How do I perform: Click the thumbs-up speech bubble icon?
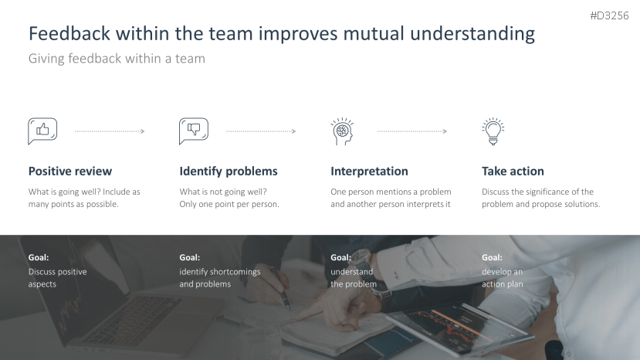pos(42,131)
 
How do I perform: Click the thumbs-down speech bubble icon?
pos(194,131)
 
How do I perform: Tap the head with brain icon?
pos(342,131)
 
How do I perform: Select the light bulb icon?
pos(493,131)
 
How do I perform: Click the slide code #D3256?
pos(609,15)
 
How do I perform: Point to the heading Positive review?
pos(69,172)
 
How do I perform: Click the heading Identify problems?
pos(229,172)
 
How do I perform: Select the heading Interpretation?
pos(369,172)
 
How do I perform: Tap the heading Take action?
pos(513,172)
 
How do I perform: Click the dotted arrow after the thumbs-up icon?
pos(110,131)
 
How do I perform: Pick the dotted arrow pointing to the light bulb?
pos(411,131)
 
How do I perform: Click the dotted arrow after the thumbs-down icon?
pos(261,131)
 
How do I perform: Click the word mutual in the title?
pos(374,33)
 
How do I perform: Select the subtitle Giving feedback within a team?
pos(117,59)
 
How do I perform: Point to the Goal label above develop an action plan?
pos(492,257)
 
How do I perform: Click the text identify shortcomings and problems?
pos(219,278)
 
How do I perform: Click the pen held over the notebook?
pos(280,288)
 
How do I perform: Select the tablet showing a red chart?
pos(460,327)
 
